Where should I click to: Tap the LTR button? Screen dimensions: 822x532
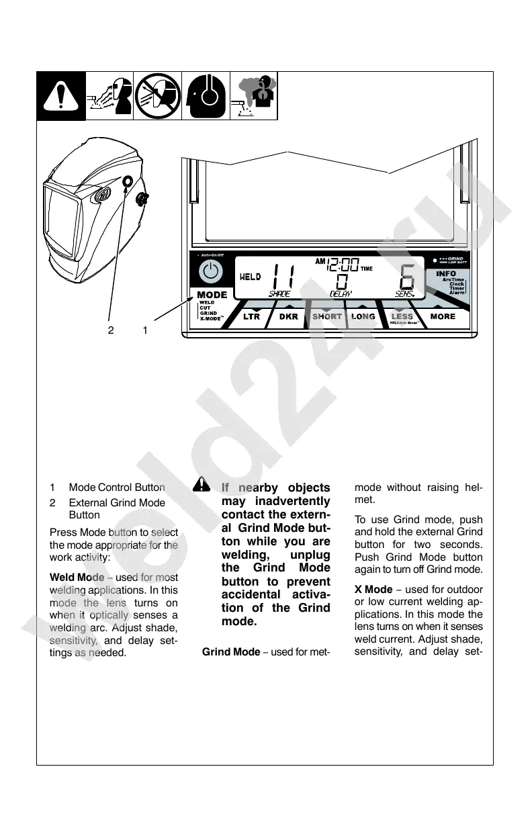tap(252, 316)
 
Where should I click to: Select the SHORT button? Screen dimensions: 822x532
tap(327, 316)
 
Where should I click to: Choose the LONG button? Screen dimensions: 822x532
tap(363, 316)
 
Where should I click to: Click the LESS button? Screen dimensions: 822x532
tap(402, 316)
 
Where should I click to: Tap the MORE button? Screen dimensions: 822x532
tap(443, 316)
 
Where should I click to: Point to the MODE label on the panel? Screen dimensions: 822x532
tap(212, 294)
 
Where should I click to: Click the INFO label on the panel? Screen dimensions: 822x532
tap(446, 273)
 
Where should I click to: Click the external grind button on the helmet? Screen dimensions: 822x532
tap(128, 181)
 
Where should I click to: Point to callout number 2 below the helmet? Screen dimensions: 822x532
tap(112, 330)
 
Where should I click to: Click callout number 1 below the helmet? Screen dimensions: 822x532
tap(145, 330)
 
